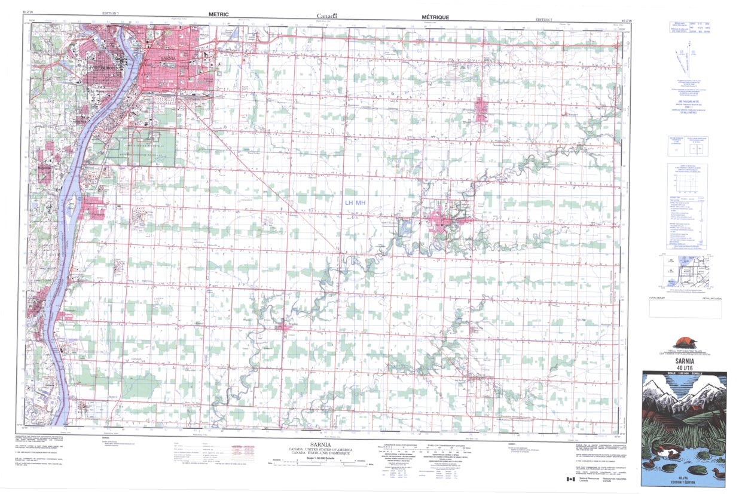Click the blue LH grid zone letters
pos(349,203)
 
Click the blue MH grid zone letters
pos(361,203)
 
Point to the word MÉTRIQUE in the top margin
pos(435,19)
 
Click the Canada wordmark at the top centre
pos(326,16)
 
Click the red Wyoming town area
pos(481,109)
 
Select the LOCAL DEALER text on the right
pos(656,297)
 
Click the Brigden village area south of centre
pos(284,326)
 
